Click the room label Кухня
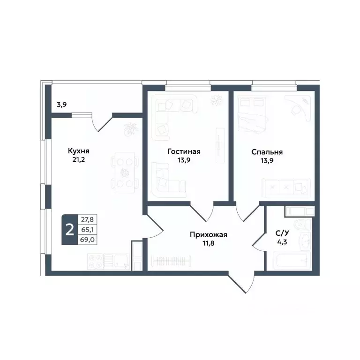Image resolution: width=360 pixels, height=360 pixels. pyautogui.click(x=79, y=151)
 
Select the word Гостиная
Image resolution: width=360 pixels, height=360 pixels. pyautogui.click(x=184, y=151)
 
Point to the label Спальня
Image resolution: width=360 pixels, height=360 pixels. pyautogui.click(x=267, y=152)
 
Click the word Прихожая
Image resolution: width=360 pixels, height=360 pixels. pyautogui.click(x=209, y=235)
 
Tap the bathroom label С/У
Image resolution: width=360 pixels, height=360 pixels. pyautogui.click(x=281, y=235)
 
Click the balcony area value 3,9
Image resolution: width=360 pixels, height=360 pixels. pyautogui.click(x=61, y=105)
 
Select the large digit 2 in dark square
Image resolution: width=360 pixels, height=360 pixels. pyautogui.click(x=70, y=230)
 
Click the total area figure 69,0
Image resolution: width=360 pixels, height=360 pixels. pyautogui.click(x=87, y=239)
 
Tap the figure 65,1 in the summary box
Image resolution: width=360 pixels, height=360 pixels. pyautogui.click(x=87, y=229)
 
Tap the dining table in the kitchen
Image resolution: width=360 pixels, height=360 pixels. pyautogui.click(x=125, y=172)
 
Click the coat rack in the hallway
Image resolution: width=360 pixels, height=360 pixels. pyautogui.click(x=171, y=260)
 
